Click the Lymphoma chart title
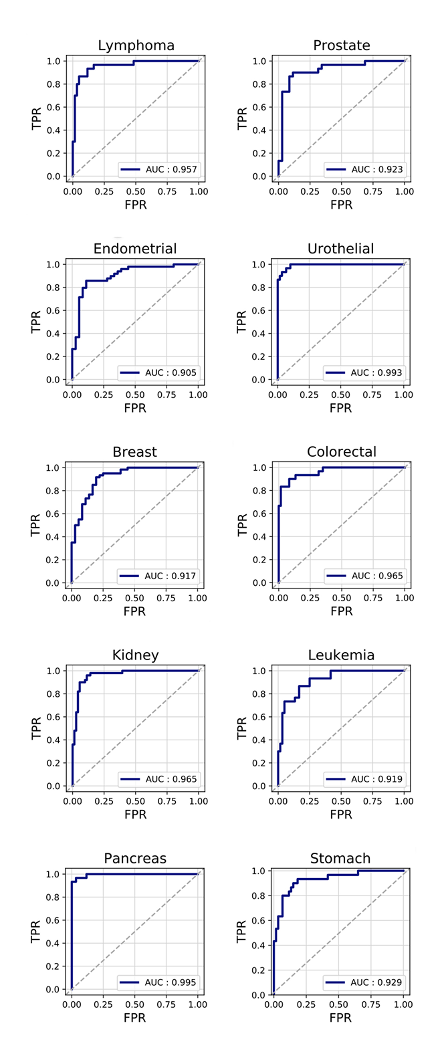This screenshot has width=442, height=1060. pos(136,45)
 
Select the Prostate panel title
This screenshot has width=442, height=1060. pos(341,45)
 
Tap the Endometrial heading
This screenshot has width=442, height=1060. pos(135,249)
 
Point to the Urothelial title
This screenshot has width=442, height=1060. pos(341,249)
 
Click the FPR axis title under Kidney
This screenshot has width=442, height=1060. pos(135,814)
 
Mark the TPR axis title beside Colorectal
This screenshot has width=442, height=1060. pos(243,525)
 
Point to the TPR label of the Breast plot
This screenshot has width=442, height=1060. pos(37,525)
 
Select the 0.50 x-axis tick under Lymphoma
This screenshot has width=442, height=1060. pos(135,191)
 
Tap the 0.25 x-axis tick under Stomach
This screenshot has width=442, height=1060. pos(306,1004)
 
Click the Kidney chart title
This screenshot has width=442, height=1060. pos(135,655)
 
